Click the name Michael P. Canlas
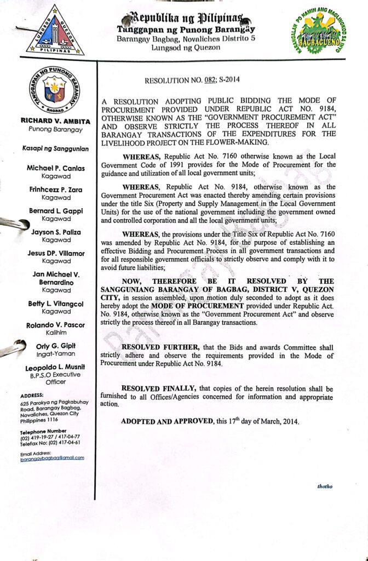[55, 168]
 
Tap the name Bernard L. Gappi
[55, 211]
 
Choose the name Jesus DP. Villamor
[55, 253]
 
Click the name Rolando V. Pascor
[55, 325]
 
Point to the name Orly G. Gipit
[55, 346]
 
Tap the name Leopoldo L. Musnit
[55, 367]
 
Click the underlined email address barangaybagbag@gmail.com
[52, 457]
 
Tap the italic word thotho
[325, 486]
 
